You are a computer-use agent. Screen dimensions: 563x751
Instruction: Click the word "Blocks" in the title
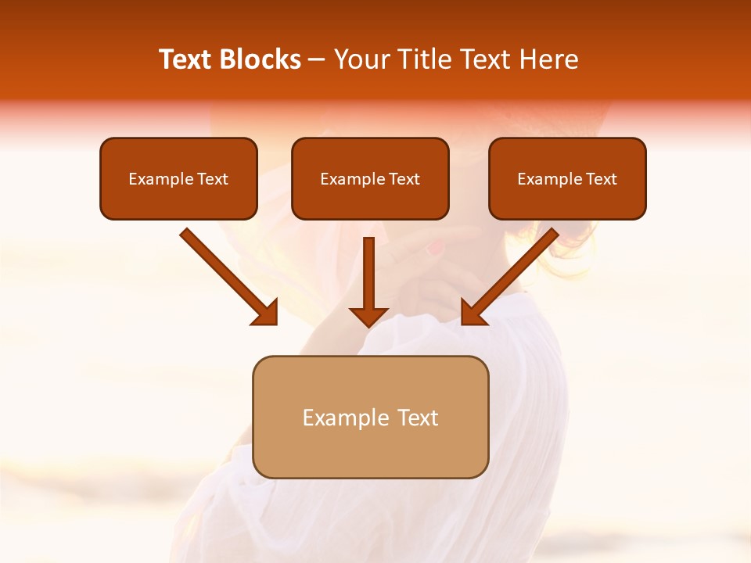[x=261, y=59]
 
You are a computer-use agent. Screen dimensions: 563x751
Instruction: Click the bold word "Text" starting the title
[x=186, y=59]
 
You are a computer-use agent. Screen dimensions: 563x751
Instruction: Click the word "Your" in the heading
[x=361, y=59]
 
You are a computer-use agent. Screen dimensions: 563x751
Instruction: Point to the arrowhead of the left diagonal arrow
[x=266, y=313]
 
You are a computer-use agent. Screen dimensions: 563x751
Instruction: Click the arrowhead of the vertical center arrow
[x=368, y=317]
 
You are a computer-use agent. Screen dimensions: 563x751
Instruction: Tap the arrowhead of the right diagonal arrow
[x=473, y=313]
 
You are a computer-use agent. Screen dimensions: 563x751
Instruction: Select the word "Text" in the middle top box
[x=404, y=179]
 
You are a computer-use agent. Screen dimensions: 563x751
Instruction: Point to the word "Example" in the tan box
[x=346, y=418]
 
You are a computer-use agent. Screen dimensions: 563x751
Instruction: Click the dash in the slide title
[x=317, y=60]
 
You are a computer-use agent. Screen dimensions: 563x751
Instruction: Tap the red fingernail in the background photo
[x=435, y=249]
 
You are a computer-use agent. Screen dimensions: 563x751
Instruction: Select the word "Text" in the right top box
[x=601, y=179]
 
